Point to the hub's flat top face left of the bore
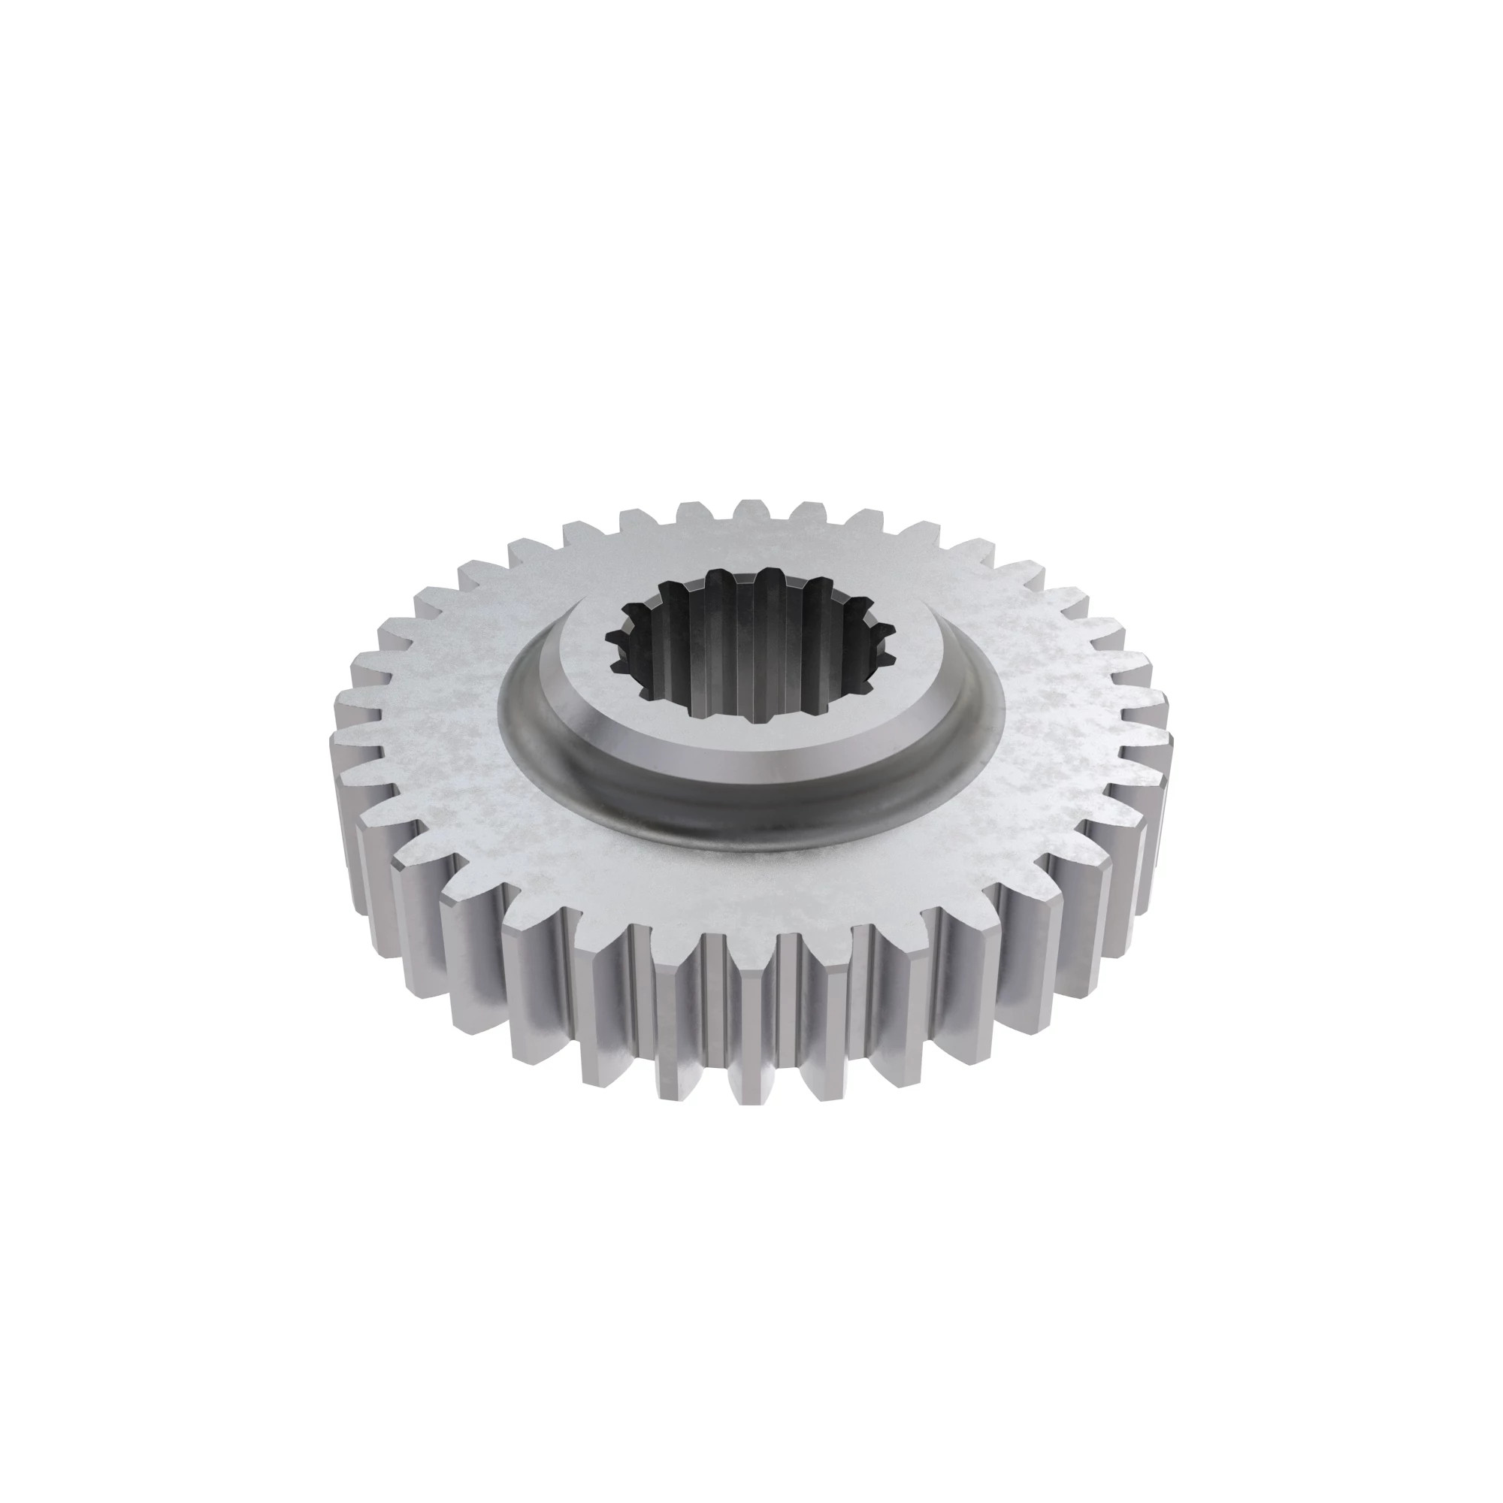click(x=579, y=669)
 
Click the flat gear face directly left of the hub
click(x=436, y=700)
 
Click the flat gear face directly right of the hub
click(x=1066, y=700)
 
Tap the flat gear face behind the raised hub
click(x=751, y=545)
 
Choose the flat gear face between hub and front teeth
click(x=751, y=887)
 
